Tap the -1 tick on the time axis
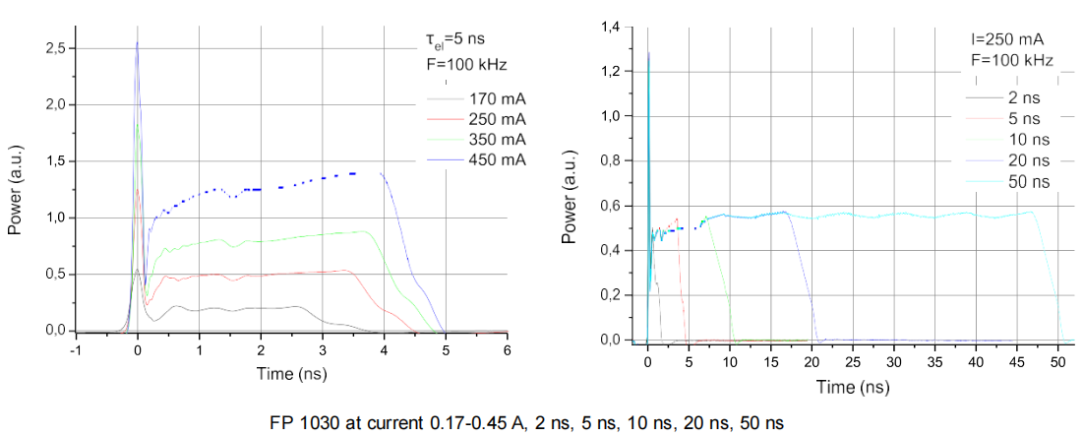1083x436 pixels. pyautogui.click(x=75, y=349)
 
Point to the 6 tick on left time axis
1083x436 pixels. pyautogui.click(x=507, y=349)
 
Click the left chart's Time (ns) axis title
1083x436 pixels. pyautogui.click(x=292, y=373)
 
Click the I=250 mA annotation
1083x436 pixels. pyautogui.click(x=1006, y=39)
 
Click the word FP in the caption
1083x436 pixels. pyautogui.click(x=281, y=423)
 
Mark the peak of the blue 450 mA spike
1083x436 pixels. pyautogui.click(x=137, y=42)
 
